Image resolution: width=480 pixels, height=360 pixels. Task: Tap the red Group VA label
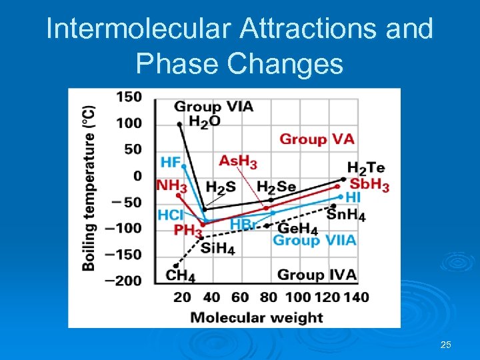pos(317,139)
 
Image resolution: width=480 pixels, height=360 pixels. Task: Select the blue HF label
pos(171,162)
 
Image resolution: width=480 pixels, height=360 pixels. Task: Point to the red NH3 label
pos(171,186)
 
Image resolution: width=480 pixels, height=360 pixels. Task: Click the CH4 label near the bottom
pos(181,275)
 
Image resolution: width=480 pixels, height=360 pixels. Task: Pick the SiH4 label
pos(217,249)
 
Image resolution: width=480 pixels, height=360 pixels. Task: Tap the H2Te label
pos(366,169)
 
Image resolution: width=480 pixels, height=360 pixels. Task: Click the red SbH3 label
pos(369,185)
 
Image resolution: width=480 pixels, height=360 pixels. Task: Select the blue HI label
pos(353,198)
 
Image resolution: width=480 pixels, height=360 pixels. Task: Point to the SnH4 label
pos(346,215)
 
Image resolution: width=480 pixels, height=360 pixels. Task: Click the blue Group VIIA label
pos(315,240)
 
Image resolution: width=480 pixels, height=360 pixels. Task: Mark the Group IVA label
pos(317,275)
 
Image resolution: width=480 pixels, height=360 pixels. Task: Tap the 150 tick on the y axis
pos(129,97)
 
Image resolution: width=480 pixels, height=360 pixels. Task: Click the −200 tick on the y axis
pos(125,281)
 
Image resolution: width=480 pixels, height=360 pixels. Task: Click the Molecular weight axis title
pos(257,317)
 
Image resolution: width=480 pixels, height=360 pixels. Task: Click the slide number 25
pos(446,345)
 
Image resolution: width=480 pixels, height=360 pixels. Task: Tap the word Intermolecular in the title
pos(129,29)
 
